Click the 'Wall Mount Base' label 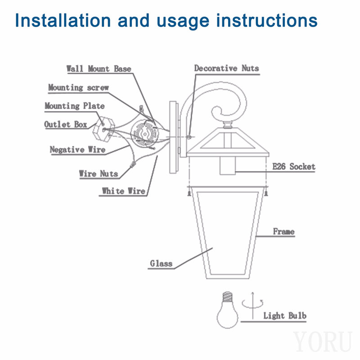coord(99,69)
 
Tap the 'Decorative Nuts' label coord(227,68)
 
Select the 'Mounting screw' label coord(78,87)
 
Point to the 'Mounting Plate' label coord(75,106)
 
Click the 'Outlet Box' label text coord(66,125)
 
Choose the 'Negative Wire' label coord(77,150)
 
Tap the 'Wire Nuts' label coord(99,174)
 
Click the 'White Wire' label coord(123,191)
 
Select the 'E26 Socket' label coord(294,166)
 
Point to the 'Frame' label coord(283,231)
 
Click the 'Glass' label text coord(161,263)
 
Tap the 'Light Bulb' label coord(285,316)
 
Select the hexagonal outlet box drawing coord(103,130)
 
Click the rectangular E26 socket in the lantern coord(228,166)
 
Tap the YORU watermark coord(323,342)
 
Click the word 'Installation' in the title coord(63,20)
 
